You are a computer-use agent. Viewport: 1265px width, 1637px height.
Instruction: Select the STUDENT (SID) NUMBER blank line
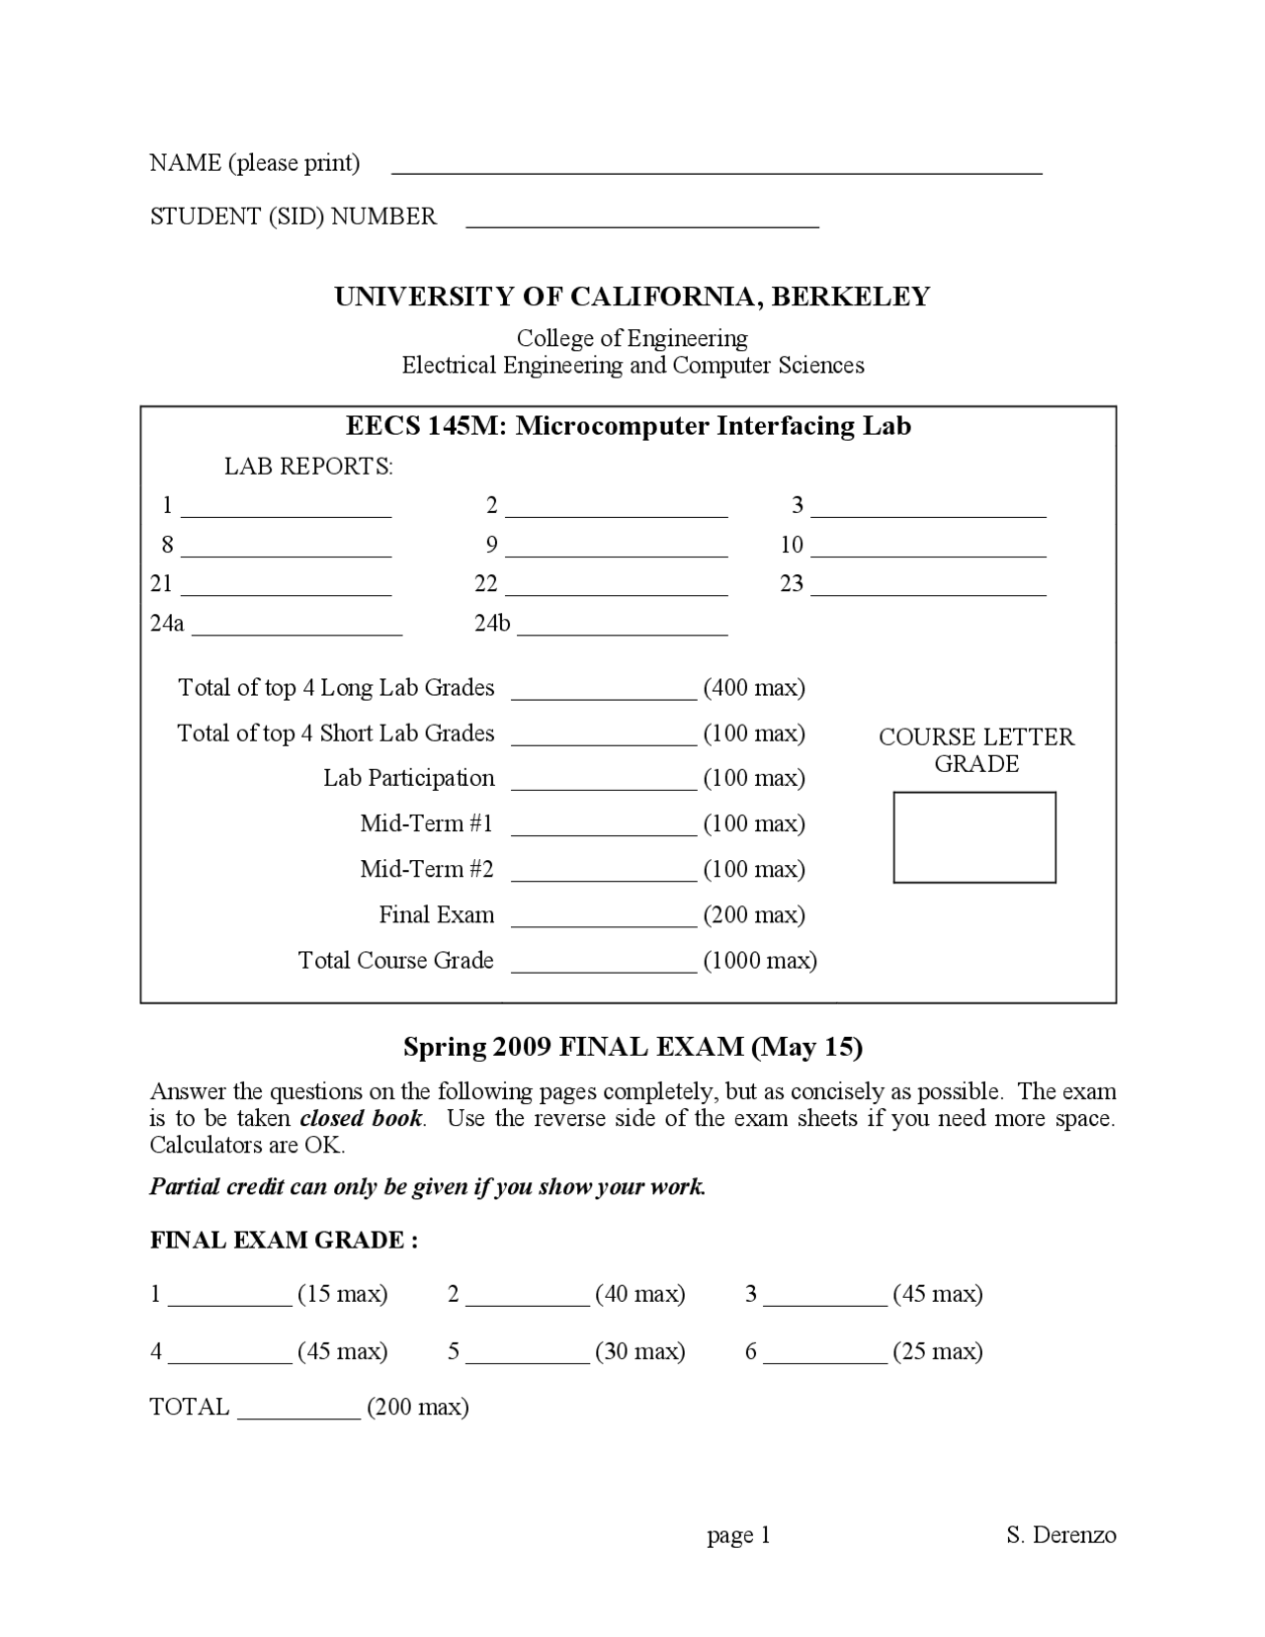pos(642,223)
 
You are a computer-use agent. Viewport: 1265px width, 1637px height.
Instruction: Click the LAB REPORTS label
pos(308,467)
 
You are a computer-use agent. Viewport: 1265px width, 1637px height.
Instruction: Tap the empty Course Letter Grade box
pos(974,836)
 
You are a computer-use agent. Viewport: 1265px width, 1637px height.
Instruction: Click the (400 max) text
pos(754,688)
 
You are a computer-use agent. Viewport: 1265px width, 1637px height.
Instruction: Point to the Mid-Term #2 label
pos(426,870)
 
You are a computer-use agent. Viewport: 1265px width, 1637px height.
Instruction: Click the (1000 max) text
pos(760,961)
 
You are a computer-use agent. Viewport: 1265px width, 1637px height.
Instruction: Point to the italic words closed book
pos(361,1119)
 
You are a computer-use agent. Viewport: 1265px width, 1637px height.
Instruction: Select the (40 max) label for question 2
pos(640,1294)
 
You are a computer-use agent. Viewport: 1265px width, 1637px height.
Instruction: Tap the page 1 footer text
pos(738,1535)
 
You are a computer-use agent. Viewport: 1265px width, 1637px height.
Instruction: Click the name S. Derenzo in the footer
pos(1060,1535)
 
